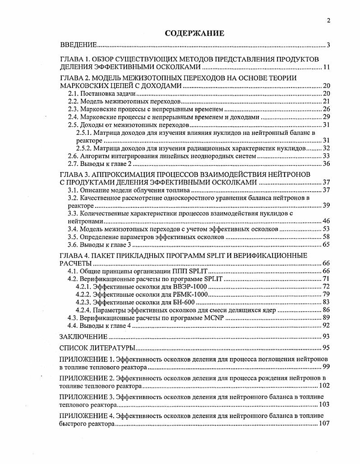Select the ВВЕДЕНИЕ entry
coord(78,45)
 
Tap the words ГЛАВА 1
coord(77,60)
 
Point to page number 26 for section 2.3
coord(327,109)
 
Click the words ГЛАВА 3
coord(77,174)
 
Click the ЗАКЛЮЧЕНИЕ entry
coord(83,336)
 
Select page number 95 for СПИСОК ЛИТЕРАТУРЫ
coord(327,348)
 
